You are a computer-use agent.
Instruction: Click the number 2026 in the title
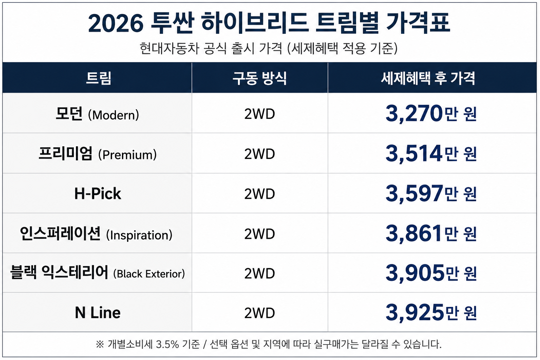[116, 24]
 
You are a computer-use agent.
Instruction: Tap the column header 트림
[98, 78]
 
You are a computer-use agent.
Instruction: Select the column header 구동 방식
[260, 78]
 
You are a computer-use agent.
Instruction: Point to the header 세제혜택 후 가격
[428, 78]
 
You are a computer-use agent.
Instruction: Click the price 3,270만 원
[431, 113]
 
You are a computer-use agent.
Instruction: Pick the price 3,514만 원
[431, 153]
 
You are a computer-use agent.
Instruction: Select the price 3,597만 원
[431, 193]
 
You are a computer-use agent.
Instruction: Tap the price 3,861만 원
[431, 233]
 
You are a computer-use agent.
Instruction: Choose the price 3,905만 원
[431, 273]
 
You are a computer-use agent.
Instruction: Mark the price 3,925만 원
[431, 313]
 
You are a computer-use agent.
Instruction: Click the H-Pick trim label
[98, 193]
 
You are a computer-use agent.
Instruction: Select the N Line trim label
[98, 313]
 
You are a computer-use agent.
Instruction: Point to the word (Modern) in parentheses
[114, 115]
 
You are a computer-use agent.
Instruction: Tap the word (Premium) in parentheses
[128, 155]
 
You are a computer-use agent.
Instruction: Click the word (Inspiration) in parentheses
[139, 235]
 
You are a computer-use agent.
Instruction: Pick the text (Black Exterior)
[149, 274]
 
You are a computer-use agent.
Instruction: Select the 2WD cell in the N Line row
[260, 313]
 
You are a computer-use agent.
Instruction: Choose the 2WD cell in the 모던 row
[260, 114]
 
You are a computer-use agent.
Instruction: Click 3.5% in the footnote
[168, 344]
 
